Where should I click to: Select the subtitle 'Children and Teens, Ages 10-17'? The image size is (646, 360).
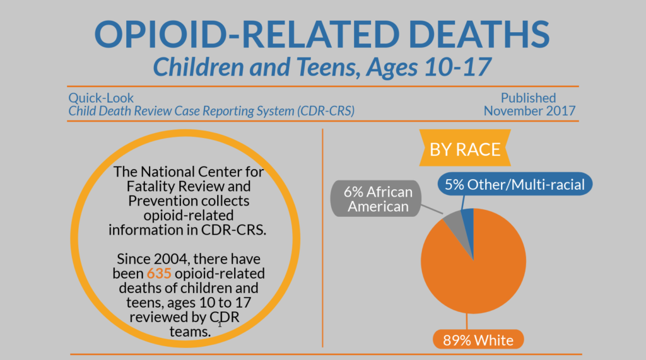pos(322,66)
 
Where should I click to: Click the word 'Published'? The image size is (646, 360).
pos(528,98)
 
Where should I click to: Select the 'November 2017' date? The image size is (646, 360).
pos(529,111)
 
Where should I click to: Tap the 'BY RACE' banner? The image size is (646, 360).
pos(465,149)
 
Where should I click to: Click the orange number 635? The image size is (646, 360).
pos(159,274)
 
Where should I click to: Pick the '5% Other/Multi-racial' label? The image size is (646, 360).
pos(515,185)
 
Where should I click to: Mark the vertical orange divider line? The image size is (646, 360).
pos(322,240)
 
